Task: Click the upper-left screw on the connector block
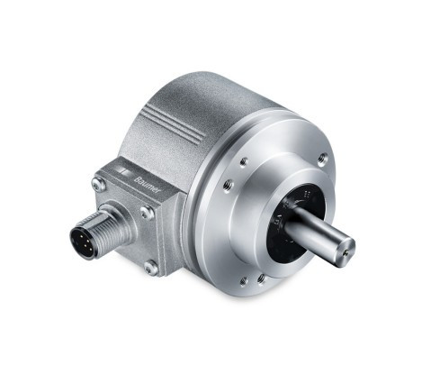coord(98,184)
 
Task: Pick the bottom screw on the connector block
coord(150,267)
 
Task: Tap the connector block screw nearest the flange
coord(147,213)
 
